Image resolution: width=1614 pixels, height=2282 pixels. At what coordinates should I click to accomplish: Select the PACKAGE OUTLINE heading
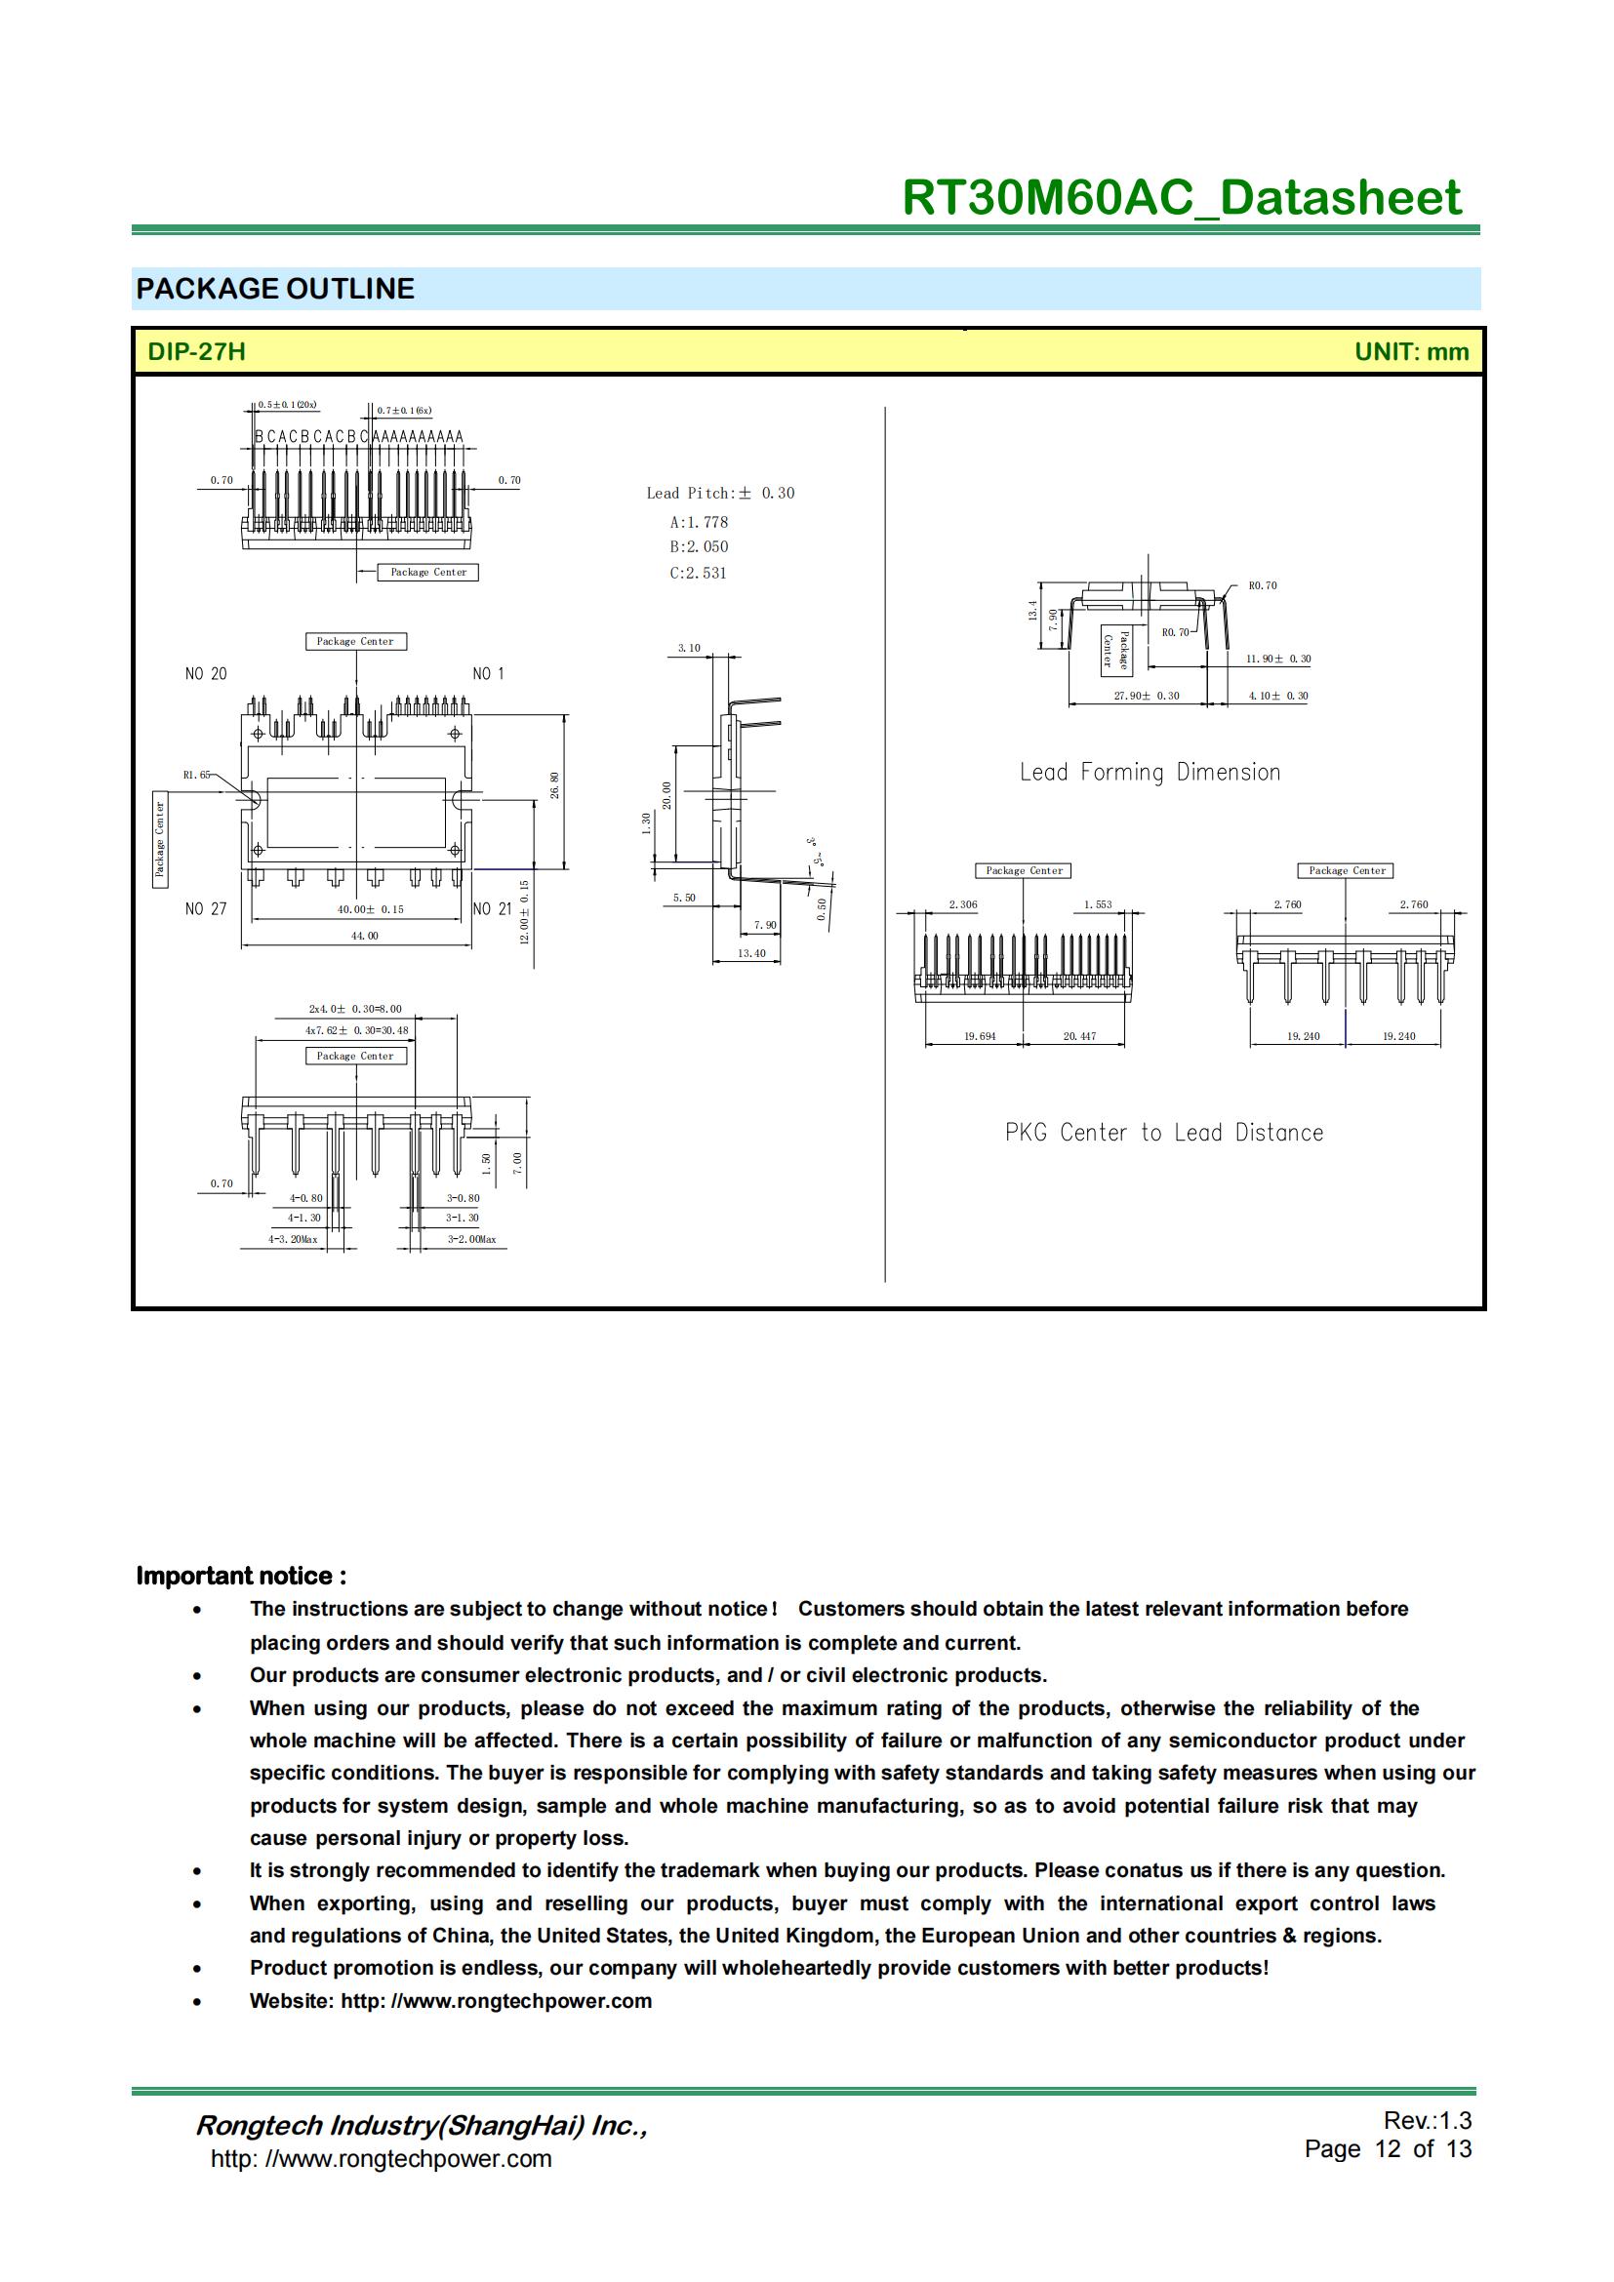[x=275, y=289]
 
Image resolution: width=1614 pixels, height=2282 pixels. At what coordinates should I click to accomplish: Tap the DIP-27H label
[x=196, y=352]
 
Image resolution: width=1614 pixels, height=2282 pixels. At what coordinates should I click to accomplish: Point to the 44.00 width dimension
[x=364, y=936]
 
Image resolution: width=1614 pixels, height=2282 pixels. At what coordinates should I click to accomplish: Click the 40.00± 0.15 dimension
[x=371, y=909]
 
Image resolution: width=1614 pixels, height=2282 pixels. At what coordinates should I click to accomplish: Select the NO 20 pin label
[x=206, y=674]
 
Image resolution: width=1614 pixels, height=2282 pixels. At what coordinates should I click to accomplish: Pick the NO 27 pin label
[x=206, y=909]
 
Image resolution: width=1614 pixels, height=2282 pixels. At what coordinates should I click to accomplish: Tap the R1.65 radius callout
[x=196, y=775]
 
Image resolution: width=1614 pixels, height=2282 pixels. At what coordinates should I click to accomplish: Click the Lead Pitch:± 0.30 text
[x=719, y=493]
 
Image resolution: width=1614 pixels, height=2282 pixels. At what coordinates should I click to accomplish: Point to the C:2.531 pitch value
[x=698, y=574]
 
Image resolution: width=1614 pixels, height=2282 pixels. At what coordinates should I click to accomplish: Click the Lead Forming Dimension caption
[x=1150, y=773]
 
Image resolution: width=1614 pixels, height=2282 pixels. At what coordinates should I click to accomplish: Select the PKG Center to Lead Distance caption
[x=1164, y=1133]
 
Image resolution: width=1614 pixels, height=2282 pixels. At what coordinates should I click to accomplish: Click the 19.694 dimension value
[x=979, y=1037]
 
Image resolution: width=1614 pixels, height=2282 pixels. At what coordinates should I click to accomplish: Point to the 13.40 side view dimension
[x=751, y=953]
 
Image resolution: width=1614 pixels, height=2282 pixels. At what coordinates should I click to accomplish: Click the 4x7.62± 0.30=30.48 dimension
[x=357, y=1030]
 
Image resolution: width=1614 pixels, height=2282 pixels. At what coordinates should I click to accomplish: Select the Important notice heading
[x=241, y=1577]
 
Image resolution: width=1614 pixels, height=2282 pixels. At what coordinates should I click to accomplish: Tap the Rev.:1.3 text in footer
[x=1428, y=2120]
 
